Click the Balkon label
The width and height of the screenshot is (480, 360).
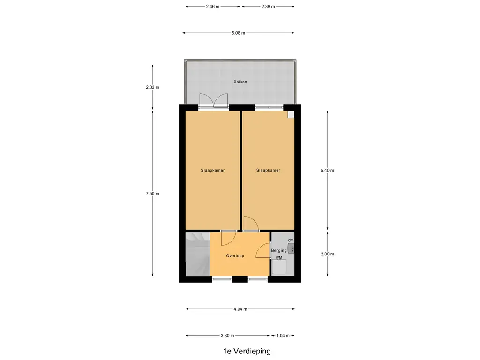[x=240, y=82]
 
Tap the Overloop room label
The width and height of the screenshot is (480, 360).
[x=235, y=256]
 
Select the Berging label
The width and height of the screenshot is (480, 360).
[x=278, y=251]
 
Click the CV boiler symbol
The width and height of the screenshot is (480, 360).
[x=291, y=248]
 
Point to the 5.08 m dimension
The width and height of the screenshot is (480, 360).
[x=239, y=33]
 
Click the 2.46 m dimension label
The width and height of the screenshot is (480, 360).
[x=213, y=7]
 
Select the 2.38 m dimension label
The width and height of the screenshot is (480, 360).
[x=268, y=7]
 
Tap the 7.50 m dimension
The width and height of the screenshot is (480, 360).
[x=152, y=194]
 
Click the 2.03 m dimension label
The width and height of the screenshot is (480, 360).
[x=152, y=87]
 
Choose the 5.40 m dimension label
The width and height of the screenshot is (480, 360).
[x=327, y=171]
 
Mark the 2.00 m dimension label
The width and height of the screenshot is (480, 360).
[x=327, y=254]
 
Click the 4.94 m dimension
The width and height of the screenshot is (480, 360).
[x=240, y=309]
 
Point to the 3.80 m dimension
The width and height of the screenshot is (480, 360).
[x=227, y=336]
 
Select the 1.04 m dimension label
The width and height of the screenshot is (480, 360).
[x=283, y=336]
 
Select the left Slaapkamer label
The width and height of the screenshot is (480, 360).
[x=213, y=171]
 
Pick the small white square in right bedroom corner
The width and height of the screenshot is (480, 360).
[x=291, y=114]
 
